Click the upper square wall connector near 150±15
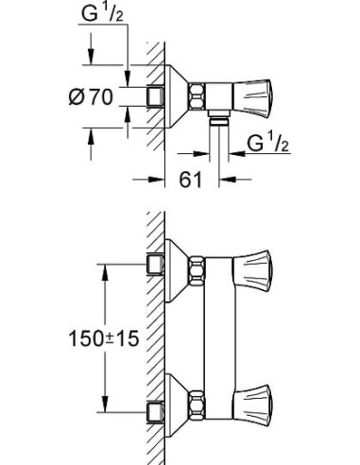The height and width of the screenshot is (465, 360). pyautogui.click(x=155, y=264)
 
